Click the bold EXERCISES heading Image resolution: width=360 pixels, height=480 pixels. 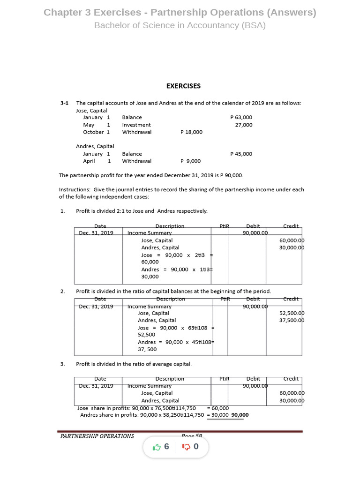[183, 86]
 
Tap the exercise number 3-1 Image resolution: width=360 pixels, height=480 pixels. [64, 103]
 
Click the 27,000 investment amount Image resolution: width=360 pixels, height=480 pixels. [243, 125]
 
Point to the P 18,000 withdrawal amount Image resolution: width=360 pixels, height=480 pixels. [191, 132]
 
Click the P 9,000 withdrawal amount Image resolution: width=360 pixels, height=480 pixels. [190, 161]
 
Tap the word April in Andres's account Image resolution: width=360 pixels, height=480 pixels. [89, 161]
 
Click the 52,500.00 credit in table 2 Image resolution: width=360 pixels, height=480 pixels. [292, 313]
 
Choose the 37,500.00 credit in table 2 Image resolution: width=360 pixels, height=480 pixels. [292, 321]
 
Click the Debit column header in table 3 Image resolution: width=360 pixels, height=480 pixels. [253, 379]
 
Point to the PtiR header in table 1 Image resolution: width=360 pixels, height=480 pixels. [224, 226]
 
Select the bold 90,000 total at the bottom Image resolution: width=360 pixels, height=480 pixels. [240, 415]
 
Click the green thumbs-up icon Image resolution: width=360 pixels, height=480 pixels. [157, 447]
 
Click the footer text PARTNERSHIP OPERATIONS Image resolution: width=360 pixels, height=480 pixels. [97, 436]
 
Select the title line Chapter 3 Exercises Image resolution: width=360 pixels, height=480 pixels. [180, 13]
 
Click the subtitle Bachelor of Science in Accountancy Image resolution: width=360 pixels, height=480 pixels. [180, 25]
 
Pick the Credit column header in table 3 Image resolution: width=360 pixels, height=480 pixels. [291, 379]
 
